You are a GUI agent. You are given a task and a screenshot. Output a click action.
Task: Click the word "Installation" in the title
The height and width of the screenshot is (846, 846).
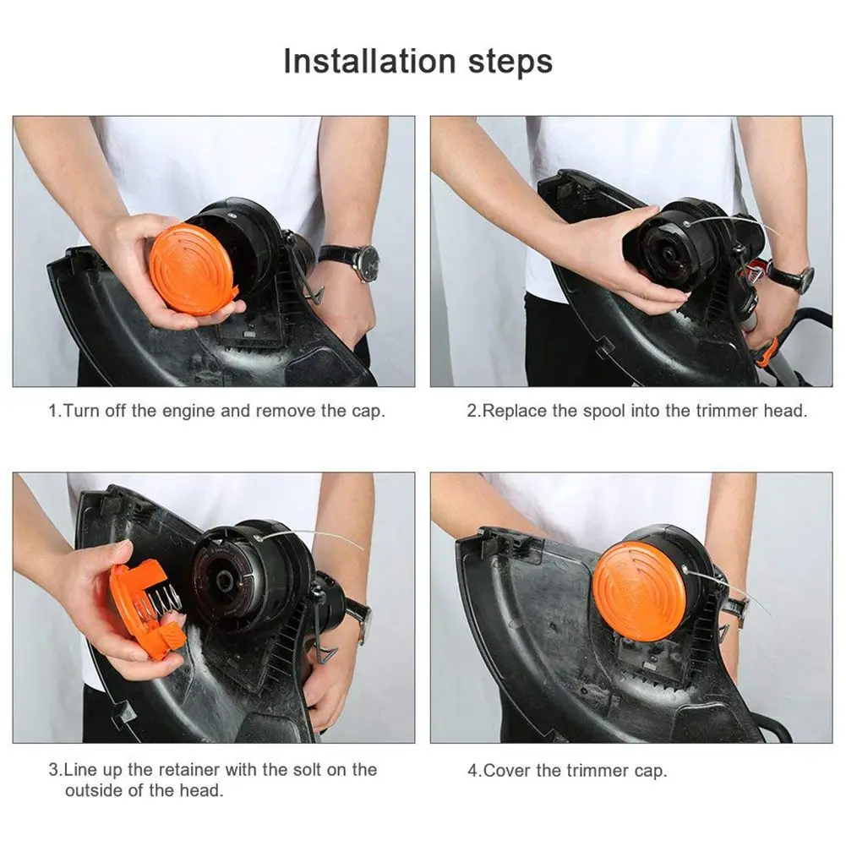369,61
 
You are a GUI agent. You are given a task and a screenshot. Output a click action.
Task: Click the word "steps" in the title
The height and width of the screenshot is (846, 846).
510,62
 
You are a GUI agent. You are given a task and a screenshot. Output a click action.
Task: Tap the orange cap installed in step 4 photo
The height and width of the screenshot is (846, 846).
639,592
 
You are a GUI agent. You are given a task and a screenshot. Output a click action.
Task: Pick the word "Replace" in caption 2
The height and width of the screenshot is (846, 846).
514,411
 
